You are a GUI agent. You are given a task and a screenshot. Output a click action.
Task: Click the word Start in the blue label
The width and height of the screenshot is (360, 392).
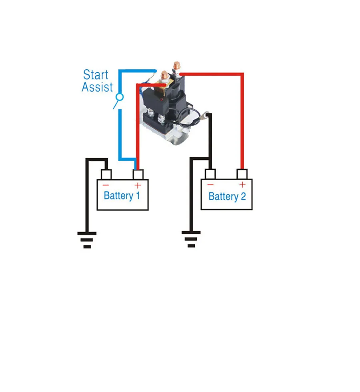pyautogui.click(x=96, y=74)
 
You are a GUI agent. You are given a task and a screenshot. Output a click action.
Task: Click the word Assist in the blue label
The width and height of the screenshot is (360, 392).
pyautogui.click(x=97, y=87)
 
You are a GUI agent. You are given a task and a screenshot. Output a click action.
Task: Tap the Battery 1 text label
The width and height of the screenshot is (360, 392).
pyautogui.click(x=122, y=195)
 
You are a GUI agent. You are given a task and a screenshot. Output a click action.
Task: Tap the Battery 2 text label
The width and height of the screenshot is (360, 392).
pyautogui.click(x=227, y=196)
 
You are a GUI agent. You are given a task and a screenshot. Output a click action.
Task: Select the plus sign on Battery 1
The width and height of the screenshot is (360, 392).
pyautogui.click(x=138, y=185)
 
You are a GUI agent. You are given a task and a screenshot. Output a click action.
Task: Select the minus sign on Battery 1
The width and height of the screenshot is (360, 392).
pyautogui.click(x=106, y=185)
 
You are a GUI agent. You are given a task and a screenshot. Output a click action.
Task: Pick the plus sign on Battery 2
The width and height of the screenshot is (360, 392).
pyautogui.click(x=242, y=185)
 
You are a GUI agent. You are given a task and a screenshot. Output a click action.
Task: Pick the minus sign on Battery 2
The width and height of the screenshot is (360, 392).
pyautogui.click(x=210, y=185)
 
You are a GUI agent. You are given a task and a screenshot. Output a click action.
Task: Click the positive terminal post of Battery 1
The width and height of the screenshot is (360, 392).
pyautogui.click(x=138, y=175)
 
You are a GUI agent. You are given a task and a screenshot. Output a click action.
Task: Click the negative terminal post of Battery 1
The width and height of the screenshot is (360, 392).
pyautogui.click(x=106, y=175)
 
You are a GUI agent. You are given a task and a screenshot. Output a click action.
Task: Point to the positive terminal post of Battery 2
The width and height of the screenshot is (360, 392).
pyautogui.click(x=242, y=174)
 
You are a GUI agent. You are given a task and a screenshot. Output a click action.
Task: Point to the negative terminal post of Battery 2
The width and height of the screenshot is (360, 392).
pyautogui.click(x=210, y=174)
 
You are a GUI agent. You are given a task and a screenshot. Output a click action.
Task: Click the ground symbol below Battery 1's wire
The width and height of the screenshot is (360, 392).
pyautogui.click(x=87, y=240)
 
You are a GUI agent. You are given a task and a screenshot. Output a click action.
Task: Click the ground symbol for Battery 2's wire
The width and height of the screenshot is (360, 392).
pyautogui.click(x=191, y=239)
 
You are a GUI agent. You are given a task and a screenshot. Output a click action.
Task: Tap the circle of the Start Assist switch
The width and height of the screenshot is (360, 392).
pyautogui.click(x=120, y=97)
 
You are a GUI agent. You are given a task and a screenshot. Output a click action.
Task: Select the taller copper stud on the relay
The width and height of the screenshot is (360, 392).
pyautogui.click(x=177, y=67)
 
